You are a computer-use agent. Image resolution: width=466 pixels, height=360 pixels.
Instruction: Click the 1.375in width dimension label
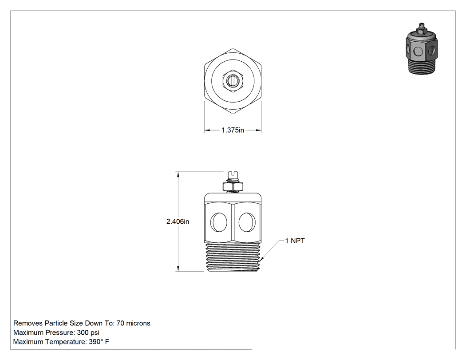click(233, 130)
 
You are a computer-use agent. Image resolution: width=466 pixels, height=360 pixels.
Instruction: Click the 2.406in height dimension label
click(178, 222)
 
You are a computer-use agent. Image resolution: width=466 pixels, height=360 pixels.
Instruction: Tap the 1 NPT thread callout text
click(295, 241)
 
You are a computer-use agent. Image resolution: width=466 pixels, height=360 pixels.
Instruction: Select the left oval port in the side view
click(219, 222)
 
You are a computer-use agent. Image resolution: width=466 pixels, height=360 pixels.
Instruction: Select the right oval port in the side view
click(247, 222)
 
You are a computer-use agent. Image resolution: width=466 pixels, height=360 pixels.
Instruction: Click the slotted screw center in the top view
click(233, 80)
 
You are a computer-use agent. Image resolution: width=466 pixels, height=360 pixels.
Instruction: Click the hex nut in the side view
click(233, 187)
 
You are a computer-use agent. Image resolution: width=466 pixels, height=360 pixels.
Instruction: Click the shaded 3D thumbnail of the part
click(422, 49)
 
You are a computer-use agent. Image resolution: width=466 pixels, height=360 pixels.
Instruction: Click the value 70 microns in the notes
click(134, 323)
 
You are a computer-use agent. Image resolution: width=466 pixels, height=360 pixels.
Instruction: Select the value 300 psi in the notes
click(88, 332)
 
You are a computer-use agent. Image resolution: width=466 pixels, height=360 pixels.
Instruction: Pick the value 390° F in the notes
click(99, 342)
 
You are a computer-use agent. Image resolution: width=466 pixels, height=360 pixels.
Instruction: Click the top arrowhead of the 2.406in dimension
click(178, 174)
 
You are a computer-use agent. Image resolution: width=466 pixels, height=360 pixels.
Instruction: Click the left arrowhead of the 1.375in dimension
click(207, 130)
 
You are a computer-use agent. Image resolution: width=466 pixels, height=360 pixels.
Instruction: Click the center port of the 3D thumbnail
click(419, 52)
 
